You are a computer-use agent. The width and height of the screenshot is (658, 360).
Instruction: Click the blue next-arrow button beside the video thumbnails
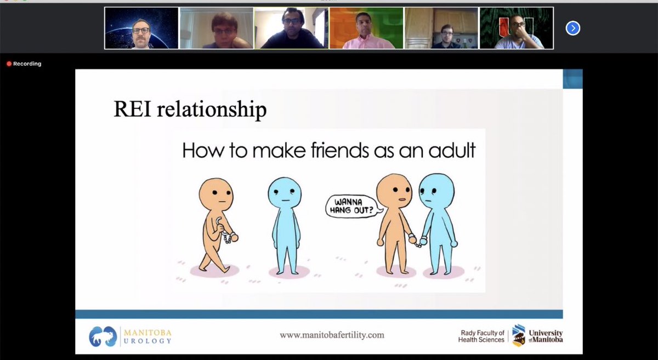point(572,28)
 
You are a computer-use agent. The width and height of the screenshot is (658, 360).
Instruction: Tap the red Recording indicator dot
point(9,64)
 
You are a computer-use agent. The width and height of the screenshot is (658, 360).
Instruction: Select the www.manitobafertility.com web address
point(332,334)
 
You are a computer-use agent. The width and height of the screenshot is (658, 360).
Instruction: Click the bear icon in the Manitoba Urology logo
point(102,335)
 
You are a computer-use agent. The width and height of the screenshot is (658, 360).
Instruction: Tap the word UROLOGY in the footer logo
point(147,341)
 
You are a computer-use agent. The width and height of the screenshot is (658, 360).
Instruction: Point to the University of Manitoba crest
point(518,334)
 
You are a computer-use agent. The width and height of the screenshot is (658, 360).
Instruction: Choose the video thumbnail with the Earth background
point(142,28)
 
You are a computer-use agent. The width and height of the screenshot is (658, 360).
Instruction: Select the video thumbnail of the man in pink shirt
point(366,28)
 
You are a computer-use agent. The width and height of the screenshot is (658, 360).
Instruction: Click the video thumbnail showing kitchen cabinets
point(441,28)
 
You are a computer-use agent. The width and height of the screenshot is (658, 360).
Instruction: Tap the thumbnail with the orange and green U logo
point(516,28)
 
